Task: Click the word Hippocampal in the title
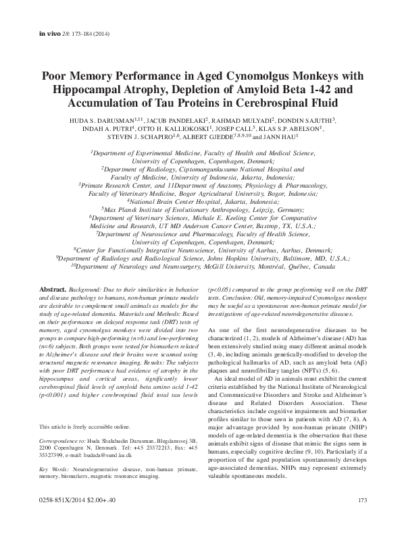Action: [x=84, y=91]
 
